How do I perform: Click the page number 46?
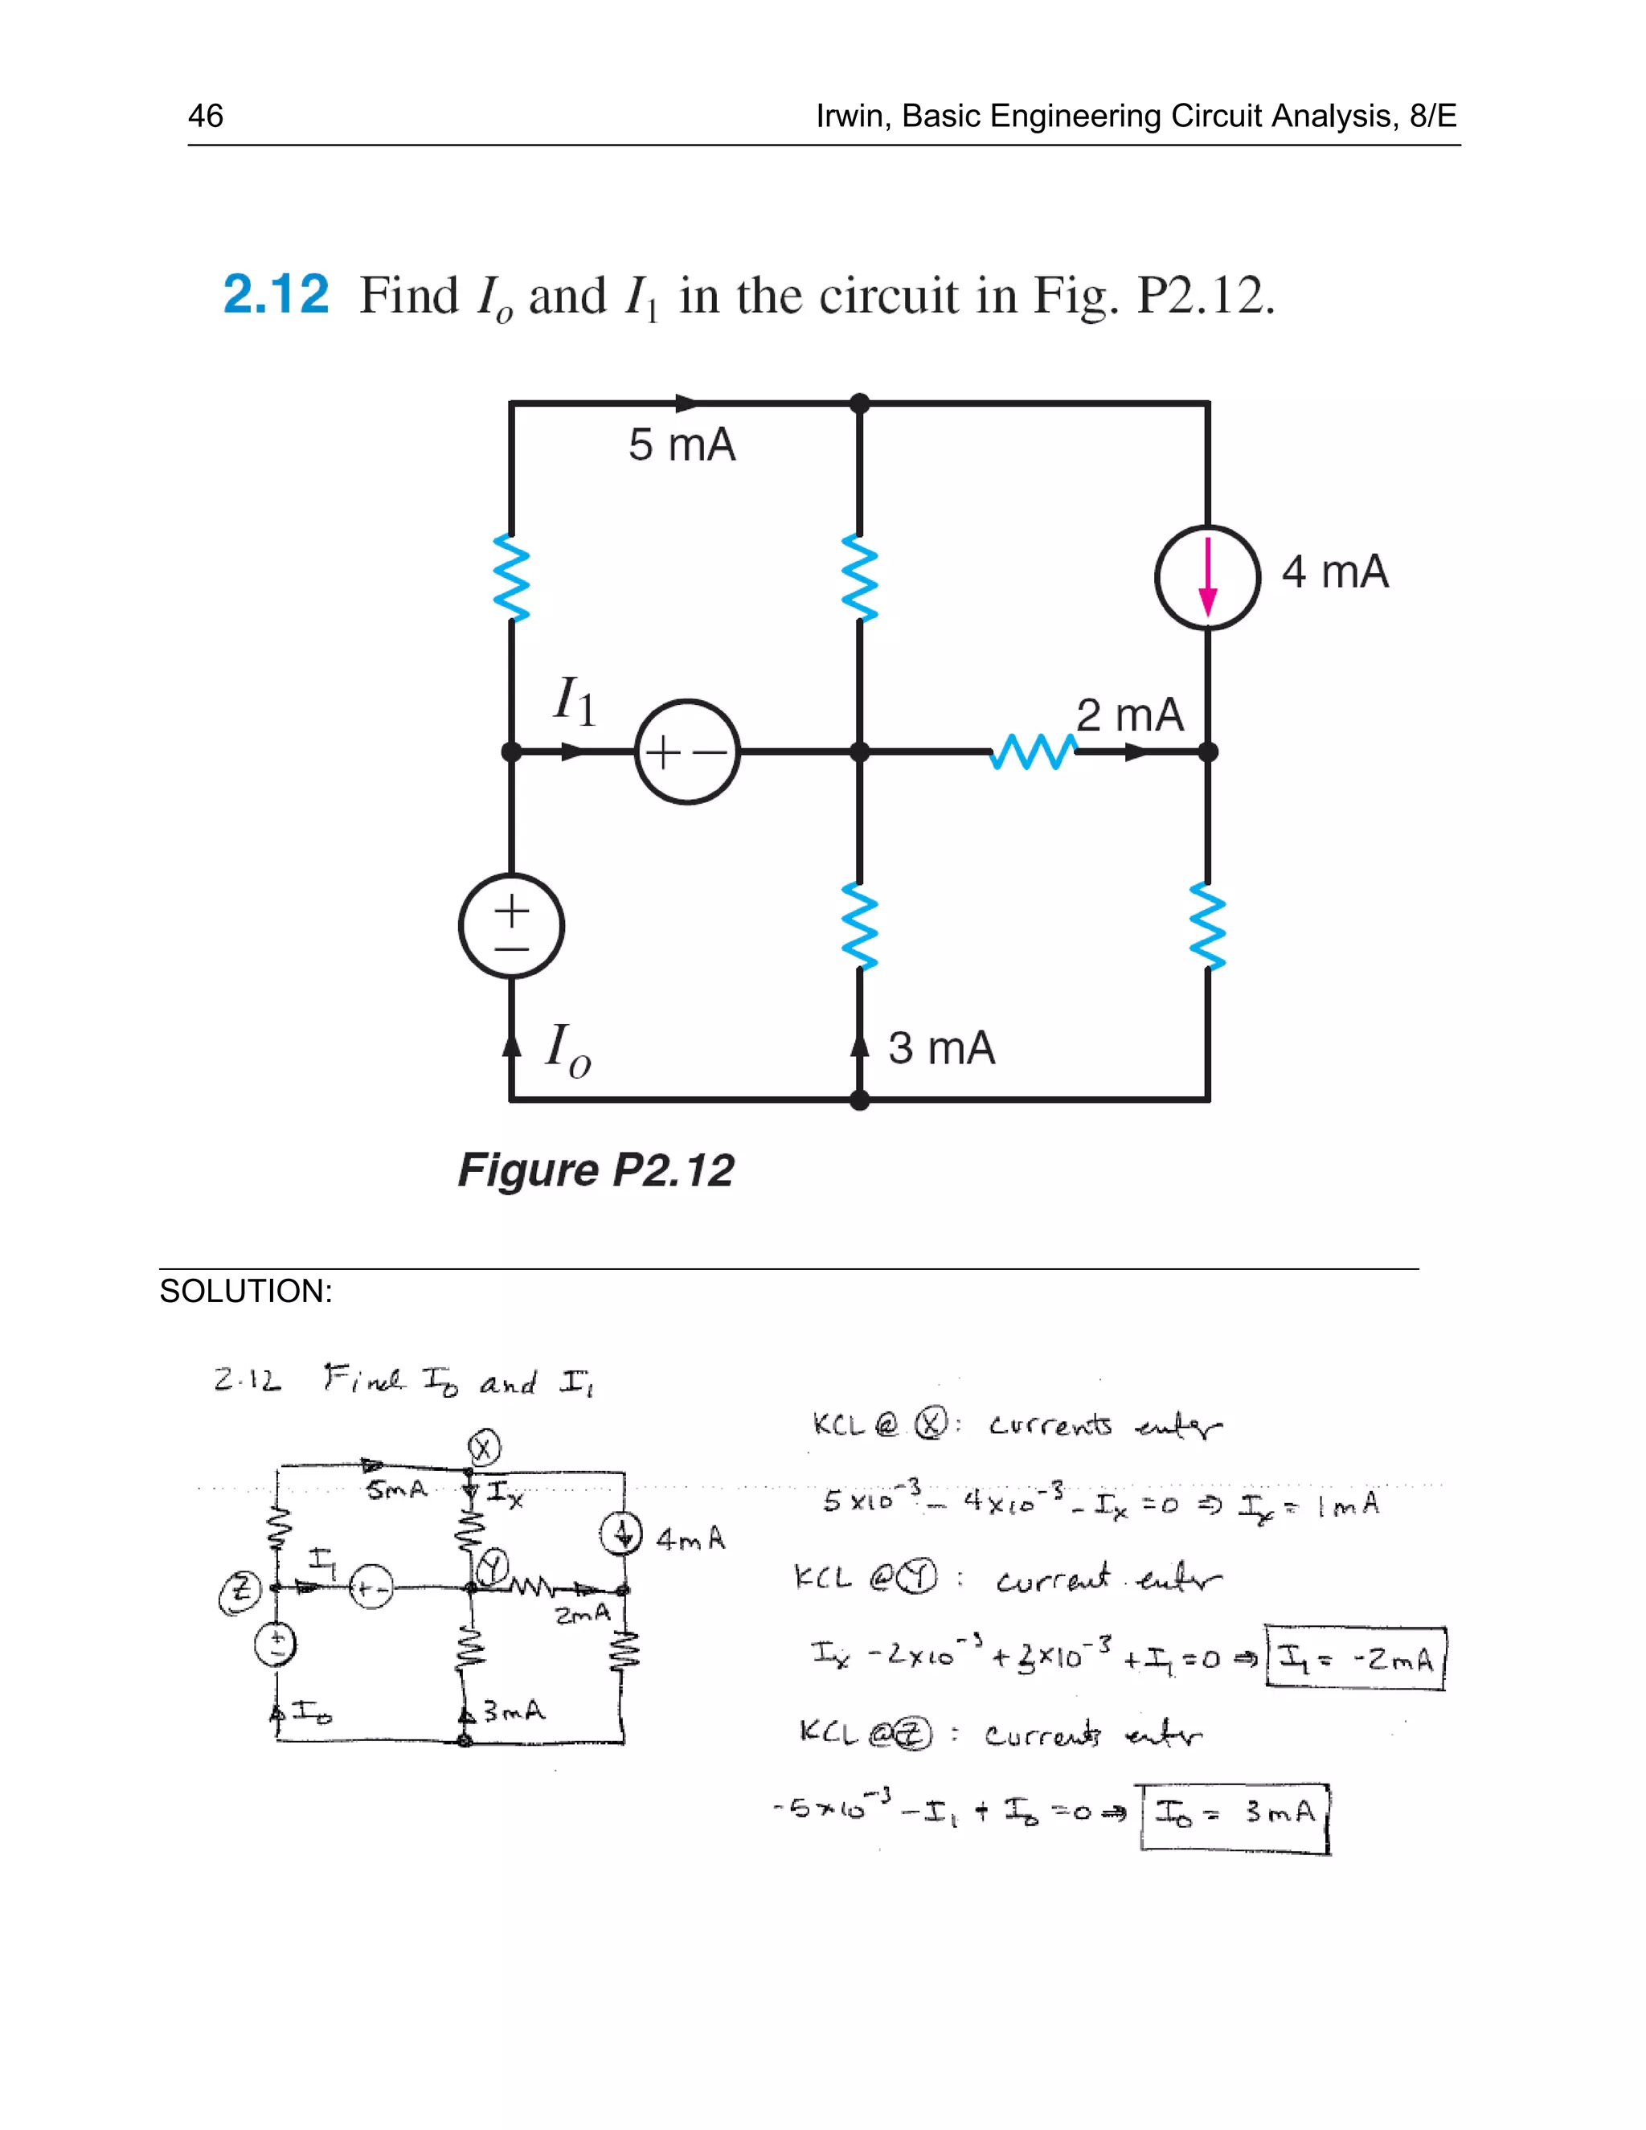pyautogui.click(x=206, y=116)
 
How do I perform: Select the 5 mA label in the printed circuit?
pyautogui.click(x=682, y=446)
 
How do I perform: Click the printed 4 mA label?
pyautogui.click(x=1334, y=571)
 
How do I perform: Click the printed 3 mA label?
pyautogui.click(x=941, y=1048)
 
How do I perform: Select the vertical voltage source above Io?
pyautogui.click(x=511, y=925)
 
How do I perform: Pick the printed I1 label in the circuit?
pyautogui.click(x=575, y=700)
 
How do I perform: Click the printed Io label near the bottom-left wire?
pyautogui.click(x=567, y=1051)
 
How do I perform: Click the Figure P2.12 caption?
pyautogui.click(x=596, y=1169)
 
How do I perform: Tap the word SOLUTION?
pyautogui.click(x=246, y=1292)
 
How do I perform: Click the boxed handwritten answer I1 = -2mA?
pyautogui.click(x=1354, y=1658)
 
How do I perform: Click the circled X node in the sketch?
pyautogui.click(x=484, y=1448)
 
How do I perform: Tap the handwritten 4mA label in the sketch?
pyautogui.click(x=690, y=1539)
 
